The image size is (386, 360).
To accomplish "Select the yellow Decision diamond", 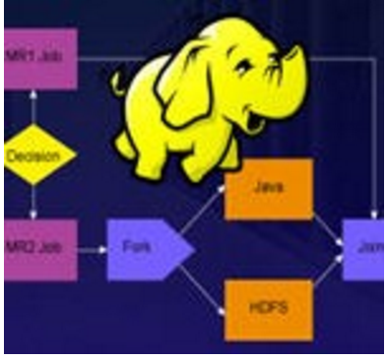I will [x=37, y=156].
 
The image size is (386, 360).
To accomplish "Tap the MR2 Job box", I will [x=39, y=248].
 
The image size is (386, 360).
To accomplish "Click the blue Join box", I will [x=362, y=248].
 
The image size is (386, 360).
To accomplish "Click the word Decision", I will [x=33, y=156].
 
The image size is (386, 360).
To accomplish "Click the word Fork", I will [x=138, y=249].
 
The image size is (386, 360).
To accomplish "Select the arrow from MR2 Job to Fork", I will [x=91, y=249].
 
